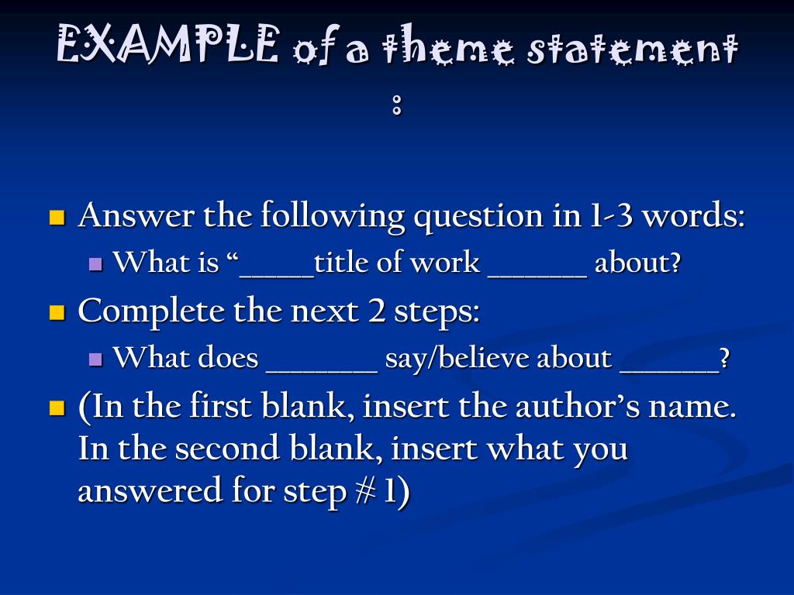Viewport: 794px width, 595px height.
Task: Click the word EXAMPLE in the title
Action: [x=167, y=46]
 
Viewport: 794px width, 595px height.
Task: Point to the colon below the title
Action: [x=397, y=105]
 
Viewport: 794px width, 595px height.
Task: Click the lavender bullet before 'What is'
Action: [x=96, y=263]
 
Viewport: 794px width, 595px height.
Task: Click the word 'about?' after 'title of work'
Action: [x=638, y=263]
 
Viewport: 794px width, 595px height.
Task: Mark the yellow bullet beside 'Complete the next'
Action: [x=56, y=312]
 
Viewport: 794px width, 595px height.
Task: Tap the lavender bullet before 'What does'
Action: [x=96, y=359]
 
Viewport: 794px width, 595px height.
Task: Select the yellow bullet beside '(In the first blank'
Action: [x=56, y=408]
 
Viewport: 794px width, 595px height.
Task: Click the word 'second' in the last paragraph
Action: [x=218, y=449]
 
